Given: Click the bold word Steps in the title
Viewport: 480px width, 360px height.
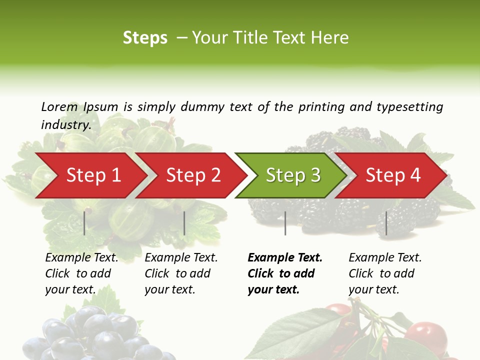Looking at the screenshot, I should pyautogui.click(x=145, y=38).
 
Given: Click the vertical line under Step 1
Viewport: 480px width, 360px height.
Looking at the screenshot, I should pyautogui.click(x=84, y=223).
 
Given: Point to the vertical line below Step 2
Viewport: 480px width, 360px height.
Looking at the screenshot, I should pyautogui.click(x=184, y=223).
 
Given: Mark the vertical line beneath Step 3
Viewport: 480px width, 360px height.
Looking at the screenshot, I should pyautogui.click(x=285, y=223).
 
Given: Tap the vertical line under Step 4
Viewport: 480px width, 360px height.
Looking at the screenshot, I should pyautogui.click(x=386, y=223).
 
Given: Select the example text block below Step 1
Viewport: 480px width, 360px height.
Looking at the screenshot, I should pyautogui.click(x=81, y=273).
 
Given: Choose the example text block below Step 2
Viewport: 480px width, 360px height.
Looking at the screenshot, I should pyautogui.click(x=181, y=273).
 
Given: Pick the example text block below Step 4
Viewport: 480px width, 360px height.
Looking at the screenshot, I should pyautogui.click(x=385, y=273).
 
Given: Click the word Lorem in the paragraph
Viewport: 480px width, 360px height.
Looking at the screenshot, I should pyautogui.click(x=59, y=106).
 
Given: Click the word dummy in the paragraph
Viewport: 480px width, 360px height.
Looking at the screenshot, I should pyautogui.click(x=203, y=106).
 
